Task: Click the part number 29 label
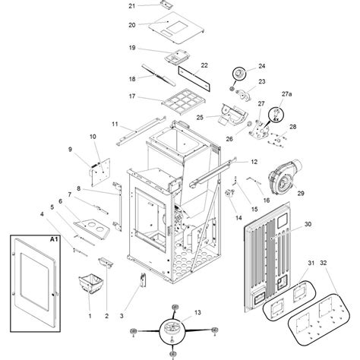point(301,193)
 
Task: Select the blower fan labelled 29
point(285,175)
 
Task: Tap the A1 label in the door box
point(54,239)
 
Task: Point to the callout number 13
point(197,312)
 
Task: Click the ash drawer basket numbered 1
point(90,284)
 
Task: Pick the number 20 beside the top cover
point(132,25)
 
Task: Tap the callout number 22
point(204,65)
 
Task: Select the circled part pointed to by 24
point(239,74)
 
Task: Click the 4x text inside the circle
point(276,119)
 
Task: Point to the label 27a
point(286,94)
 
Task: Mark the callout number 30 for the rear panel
point(308,224)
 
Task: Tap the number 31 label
point(311,263)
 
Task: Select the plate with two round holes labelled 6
point(93,229)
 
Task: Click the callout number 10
point(93,137)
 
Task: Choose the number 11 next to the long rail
point(115,124)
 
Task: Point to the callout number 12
point(254,162)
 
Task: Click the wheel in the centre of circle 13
point(172,327)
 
